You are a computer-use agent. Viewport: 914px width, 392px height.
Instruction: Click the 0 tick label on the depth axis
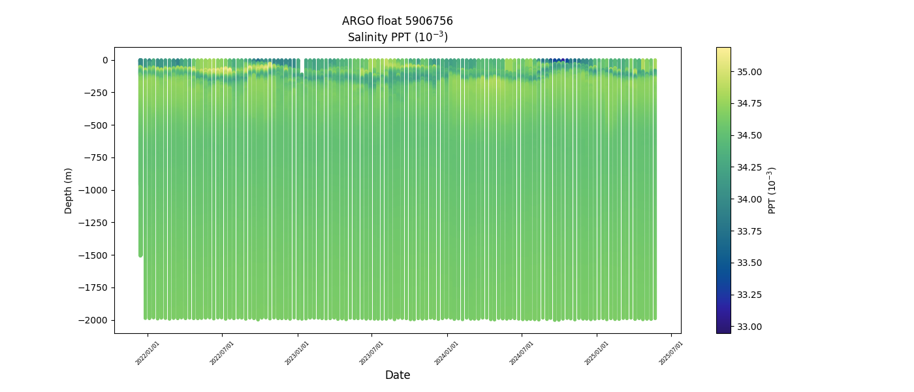tap(104, 60)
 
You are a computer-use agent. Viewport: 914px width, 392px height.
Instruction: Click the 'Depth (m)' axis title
tap(68, 190)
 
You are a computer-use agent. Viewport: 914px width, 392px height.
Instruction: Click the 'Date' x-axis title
tap(398, 375)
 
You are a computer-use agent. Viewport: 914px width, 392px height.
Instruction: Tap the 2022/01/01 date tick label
tap(148, 353)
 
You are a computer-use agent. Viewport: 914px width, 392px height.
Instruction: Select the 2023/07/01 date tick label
tap(371, 353)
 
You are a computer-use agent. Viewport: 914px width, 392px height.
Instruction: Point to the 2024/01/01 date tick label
tap(447, 353)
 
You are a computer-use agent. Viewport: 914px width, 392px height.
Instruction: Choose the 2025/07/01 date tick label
tap(671, 353)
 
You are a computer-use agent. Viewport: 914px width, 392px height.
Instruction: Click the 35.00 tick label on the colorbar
tap(748, 71)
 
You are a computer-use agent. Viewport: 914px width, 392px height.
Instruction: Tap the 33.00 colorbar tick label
tap(748, 327)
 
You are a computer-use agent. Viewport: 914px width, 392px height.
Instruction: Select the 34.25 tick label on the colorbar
tap(748, 167)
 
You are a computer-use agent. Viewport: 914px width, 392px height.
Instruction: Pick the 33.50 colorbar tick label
tap(748, 263)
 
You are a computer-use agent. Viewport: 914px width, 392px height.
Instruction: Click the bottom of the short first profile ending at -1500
tap(140, 254)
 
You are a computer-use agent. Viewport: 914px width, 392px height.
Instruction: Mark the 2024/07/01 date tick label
tap(522, 353)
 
